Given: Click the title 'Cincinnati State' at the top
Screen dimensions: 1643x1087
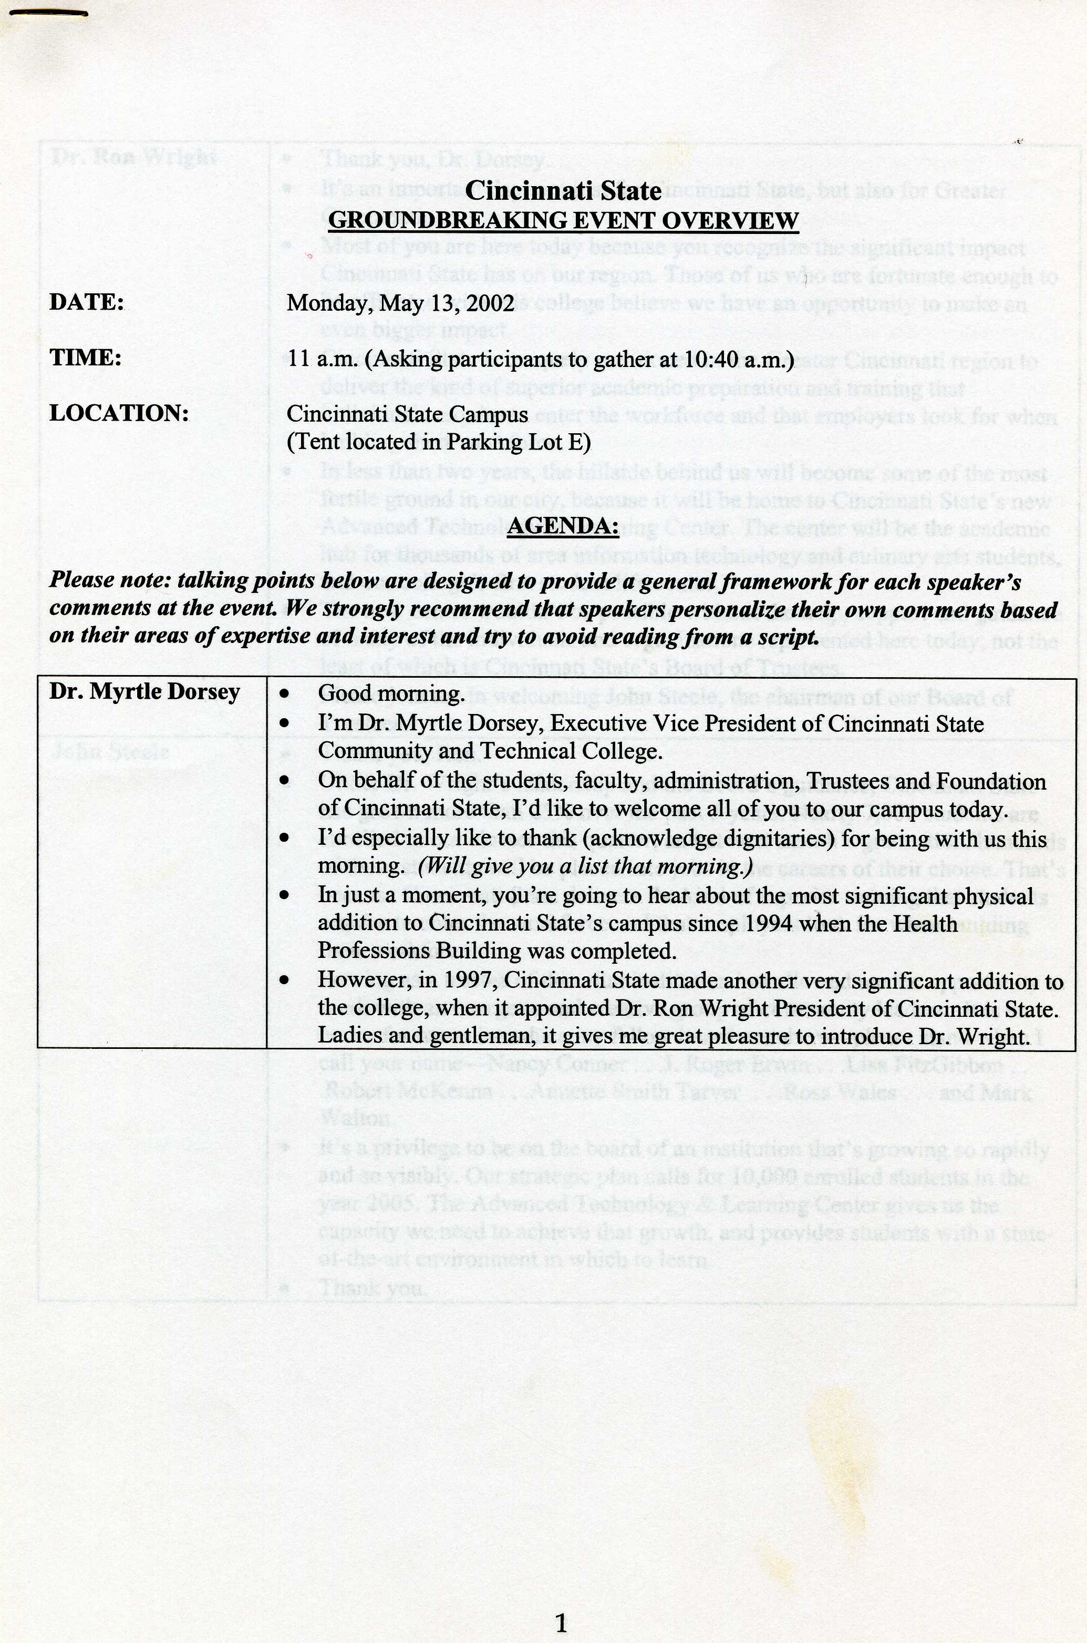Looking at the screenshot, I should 563,191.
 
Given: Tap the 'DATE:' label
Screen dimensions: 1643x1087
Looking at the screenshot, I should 87,302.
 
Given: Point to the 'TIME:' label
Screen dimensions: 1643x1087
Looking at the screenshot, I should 85,358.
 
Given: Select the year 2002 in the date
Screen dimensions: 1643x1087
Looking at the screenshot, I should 491,303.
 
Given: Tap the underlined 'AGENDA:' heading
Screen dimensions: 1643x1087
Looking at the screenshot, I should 563,526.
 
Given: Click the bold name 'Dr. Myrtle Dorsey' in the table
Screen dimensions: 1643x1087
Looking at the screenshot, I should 144,692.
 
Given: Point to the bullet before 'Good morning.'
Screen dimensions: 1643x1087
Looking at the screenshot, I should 284,693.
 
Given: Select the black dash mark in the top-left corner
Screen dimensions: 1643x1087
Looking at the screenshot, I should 48,11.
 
